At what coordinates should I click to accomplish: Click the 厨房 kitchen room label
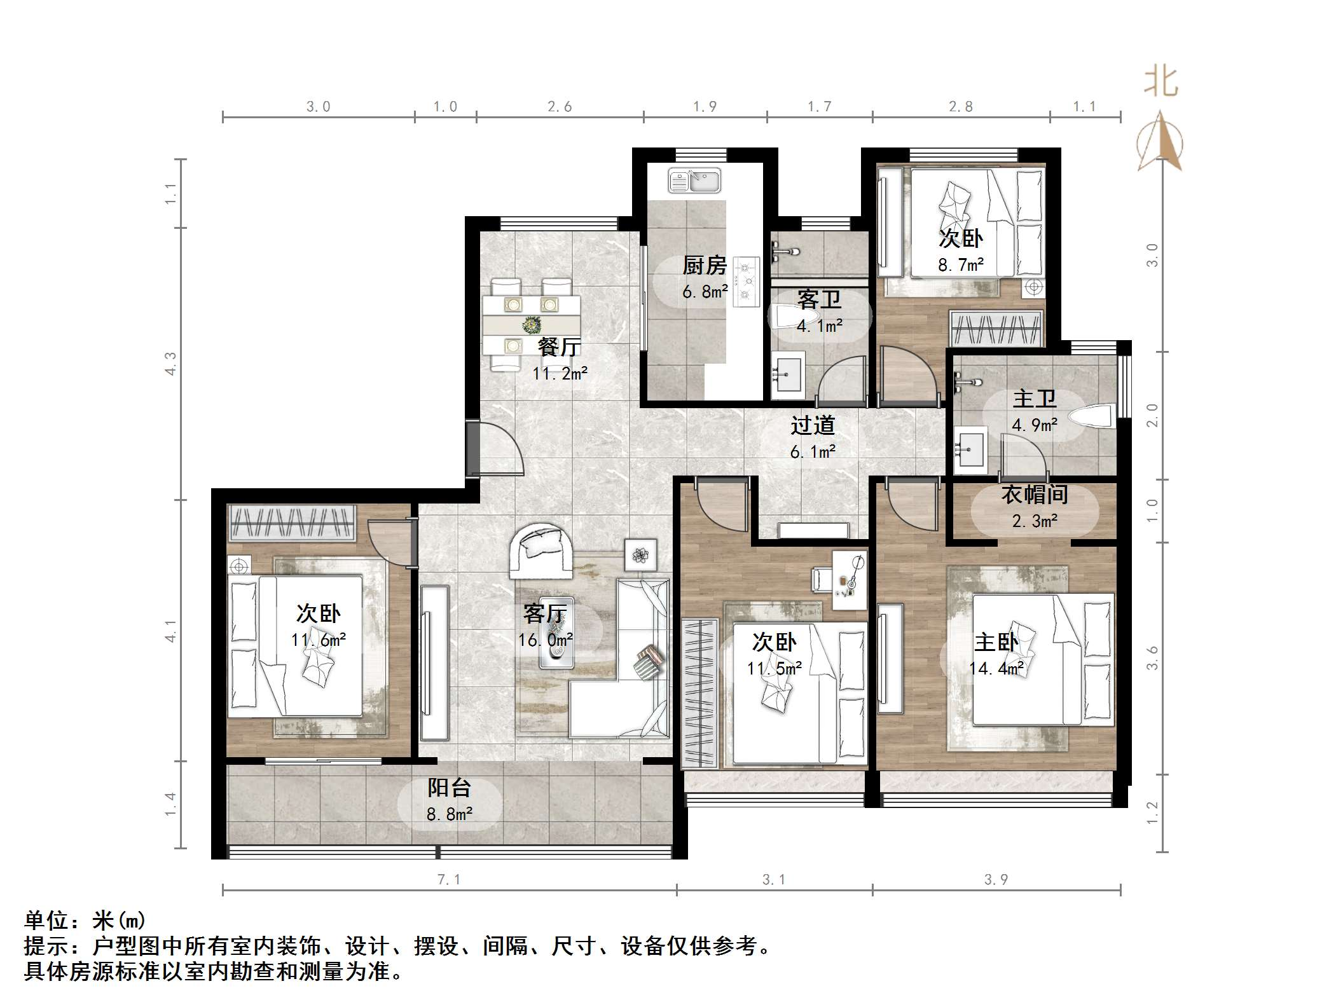tap(705, 265)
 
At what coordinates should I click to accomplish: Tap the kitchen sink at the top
tap(694, 181)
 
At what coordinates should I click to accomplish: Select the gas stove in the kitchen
tap(747, 281)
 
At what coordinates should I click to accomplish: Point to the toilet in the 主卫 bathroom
tap(1091, 417)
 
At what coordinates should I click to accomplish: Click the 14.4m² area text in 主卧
tap(996, 668)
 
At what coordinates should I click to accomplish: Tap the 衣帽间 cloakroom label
tap(1034, 495)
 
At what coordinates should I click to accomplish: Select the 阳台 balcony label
tap(449, 788)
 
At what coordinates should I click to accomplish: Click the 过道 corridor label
tap(812, 425)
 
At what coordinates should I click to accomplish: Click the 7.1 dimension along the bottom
tap(448, 880)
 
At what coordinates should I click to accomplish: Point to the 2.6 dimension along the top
tap(560, 107)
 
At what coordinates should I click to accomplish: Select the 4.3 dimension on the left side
tap(170, 364)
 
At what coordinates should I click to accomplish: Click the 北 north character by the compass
tap(1160, 83)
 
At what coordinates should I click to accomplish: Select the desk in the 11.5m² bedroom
tap(848, 580)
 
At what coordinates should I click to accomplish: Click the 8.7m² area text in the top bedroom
tap(961, 265)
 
